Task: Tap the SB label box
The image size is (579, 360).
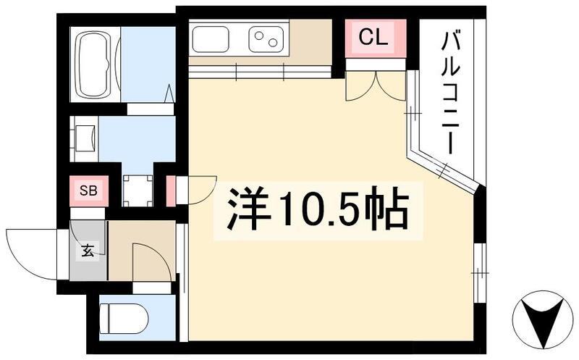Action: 88,191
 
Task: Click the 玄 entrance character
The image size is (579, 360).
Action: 88,252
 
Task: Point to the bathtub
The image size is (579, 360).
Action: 97,64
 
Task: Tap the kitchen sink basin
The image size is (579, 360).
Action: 211,40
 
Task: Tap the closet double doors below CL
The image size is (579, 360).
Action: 375,85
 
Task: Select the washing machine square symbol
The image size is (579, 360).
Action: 138,191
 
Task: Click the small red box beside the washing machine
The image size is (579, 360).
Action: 171,191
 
